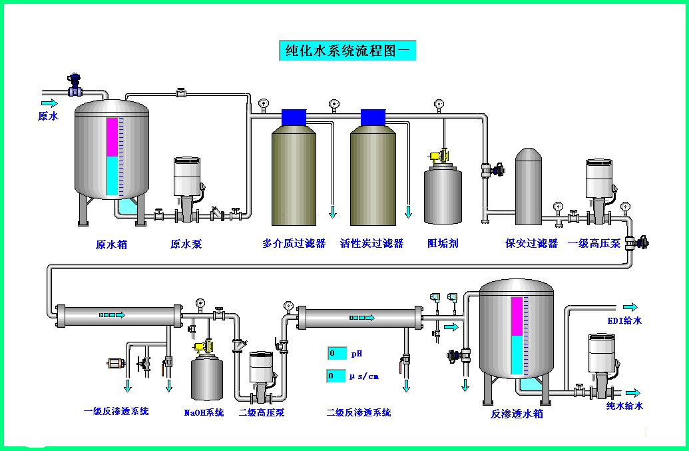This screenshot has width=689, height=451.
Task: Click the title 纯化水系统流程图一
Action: point(347,51)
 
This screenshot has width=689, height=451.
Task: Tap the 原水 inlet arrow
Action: point(49,103)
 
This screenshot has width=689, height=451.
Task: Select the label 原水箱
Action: point(111,244)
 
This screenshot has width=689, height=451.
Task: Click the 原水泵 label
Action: point(186,244)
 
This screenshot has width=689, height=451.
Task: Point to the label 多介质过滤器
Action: point(294,244)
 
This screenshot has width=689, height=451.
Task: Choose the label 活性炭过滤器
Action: point(371,244)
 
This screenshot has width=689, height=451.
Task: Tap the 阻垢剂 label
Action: point(443,244)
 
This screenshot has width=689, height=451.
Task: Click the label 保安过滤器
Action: point(531,244)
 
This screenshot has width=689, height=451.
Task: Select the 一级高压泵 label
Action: point(594,244)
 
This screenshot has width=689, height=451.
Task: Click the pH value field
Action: point(337,353)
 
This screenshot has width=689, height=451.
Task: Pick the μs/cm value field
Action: point(337,376)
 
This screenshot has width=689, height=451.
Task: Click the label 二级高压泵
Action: point(262,413)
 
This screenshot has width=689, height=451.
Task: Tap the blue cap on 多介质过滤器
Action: point(294,117)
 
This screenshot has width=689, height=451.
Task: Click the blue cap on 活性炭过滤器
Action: point(373,117)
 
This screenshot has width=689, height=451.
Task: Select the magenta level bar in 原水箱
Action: point(112,137)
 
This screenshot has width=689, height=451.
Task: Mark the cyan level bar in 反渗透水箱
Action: point(517,354)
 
